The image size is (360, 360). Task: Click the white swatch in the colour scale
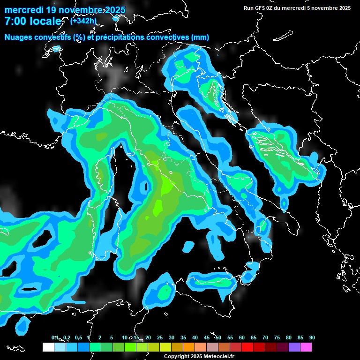click(48, 347)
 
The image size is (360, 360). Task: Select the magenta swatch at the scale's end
click(306, 347)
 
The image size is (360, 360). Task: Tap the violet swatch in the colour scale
click(294, 347)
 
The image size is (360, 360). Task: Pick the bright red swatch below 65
click(247, 347)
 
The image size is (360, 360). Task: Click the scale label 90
click(312, 337)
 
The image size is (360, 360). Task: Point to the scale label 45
click(207, 337)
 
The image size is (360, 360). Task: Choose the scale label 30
click(172, 337)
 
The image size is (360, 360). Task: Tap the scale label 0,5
click(78, 337)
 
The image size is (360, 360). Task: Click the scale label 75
click(277, 337)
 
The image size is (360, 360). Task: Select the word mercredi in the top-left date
click(23, 10)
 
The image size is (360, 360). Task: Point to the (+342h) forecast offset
click(83, 21)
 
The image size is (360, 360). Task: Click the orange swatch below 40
click(189, 347)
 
